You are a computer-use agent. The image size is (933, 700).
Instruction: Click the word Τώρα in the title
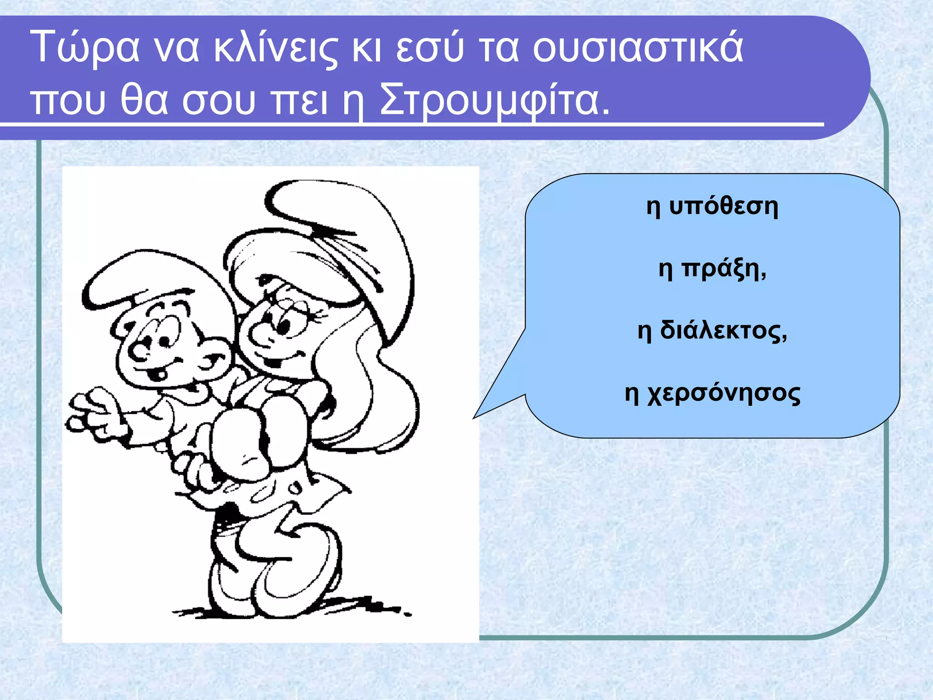85,48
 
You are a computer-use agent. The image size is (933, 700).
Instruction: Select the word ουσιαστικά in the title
638,48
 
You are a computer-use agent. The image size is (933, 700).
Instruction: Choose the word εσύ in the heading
429,48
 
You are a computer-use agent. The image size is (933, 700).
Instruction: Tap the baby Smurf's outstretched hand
91,412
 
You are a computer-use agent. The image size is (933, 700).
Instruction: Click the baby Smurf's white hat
150,278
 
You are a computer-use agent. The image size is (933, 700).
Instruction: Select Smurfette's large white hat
337,228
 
